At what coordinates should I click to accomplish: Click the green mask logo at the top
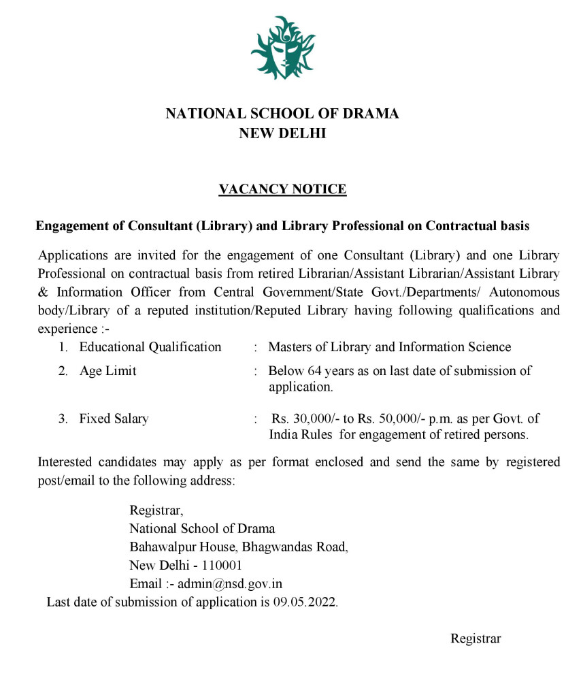pyautogui.click(x=282, y=48)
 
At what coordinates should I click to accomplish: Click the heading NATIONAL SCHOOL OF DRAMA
pyautogui.click(x=282, y=114)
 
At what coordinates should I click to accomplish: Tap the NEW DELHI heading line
pyautogui.click(x=282, y=133)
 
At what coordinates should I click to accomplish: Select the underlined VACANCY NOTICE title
pyautogui.click(x=282, y=189)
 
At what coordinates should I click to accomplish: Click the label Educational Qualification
pyautogui.click(x=150, y=347)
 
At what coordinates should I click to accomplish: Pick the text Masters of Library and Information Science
pyautogui.click(x=389, y=347)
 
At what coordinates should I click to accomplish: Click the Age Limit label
pyautogui.click(x=107, y=371)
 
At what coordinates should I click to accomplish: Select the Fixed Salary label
pyautogui.click(x=114, y=419)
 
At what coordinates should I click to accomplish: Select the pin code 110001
pyautogui.click(x=220, y=565)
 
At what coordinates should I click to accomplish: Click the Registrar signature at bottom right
pyautogui.click(x=476, y=638)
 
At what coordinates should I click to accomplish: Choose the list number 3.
pyautogui.click(x=62, y=419)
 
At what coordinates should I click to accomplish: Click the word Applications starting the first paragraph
pyautogui.click(x=73, y=256)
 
